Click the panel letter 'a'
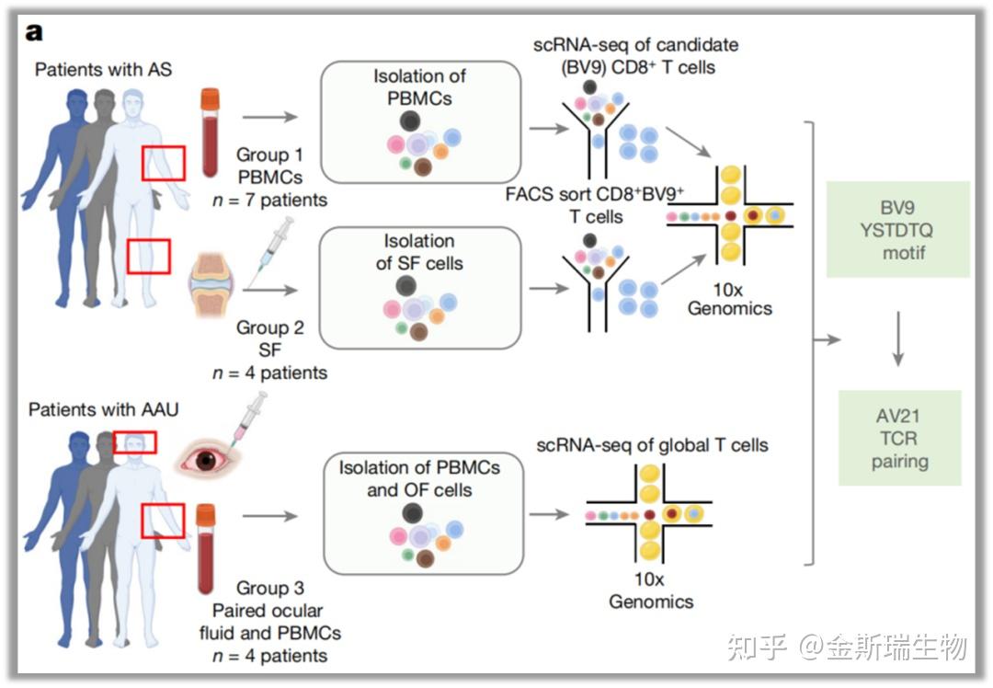(34, 32)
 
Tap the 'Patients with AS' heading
(103, 69)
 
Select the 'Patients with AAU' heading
(103, 409)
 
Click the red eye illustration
(204, 459)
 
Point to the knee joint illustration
(211, 284)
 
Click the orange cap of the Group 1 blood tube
(211, 98)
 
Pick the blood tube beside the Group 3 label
(206, 548)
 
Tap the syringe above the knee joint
(271, 251)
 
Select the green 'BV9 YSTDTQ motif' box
(897, 229)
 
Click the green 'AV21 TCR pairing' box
(899, 439)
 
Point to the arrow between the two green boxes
(898, 338)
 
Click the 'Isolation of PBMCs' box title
(419, 86)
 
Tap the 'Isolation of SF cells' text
(419, 251)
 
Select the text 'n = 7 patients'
(270, 201)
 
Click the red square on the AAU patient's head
(134, 442)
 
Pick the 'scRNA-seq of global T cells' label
(652, 445)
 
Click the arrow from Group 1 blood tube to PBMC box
(269, 117)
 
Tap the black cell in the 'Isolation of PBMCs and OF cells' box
(412, 512)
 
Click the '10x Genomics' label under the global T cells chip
(651, 591)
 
